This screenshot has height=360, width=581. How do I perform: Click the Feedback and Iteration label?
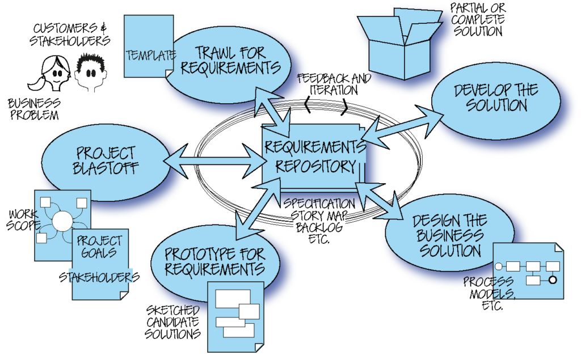[x=334, y=84]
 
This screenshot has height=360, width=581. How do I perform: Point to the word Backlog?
[x=319, y=227]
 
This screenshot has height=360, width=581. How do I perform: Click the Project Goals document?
[x=100, y=249]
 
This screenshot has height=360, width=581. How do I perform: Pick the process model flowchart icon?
[x=528, y=271]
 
